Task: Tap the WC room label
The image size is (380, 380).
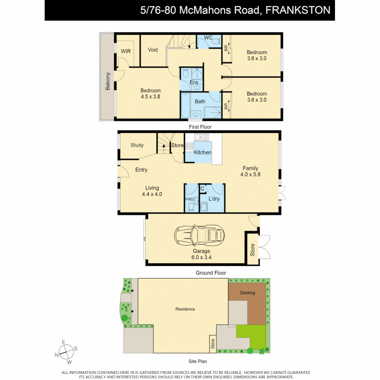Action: tap(208, 38)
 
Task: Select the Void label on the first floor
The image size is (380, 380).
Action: tap(153, 50)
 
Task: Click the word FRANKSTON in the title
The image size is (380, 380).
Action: tap(298, 10)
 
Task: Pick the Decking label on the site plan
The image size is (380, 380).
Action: tap(247, 293)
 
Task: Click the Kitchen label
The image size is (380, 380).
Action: tap(203, 152)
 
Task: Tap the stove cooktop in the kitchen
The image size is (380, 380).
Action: tap(189, 146)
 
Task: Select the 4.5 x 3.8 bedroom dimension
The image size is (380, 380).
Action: tap(150, 96)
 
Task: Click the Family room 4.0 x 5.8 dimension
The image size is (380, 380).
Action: tap(250, 174)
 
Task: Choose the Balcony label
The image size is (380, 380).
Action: tap(108, 81)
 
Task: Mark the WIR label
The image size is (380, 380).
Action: tap(126, 51)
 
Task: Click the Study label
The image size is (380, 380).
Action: tap(137, 145)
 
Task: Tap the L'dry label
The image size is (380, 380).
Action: tap(214, 199)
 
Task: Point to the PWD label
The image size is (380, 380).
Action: tap(189, 199)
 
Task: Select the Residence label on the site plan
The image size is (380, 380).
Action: tap(185, 309)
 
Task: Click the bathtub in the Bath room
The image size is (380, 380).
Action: tap(186, 102)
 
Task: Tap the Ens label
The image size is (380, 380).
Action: tap(194, 82)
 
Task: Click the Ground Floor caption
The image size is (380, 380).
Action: tap(211, 273)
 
